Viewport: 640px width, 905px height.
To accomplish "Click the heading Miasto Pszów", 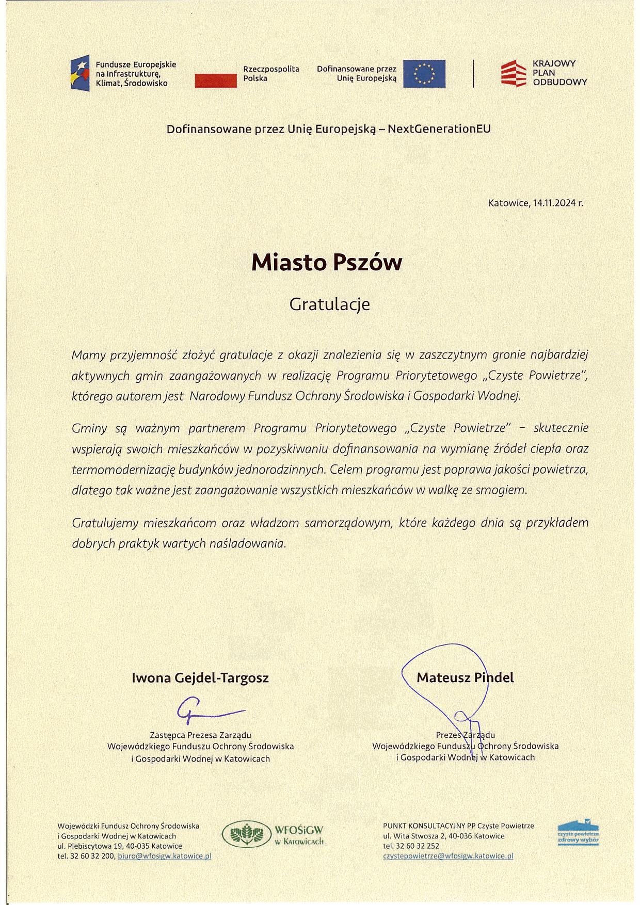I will coord(326,263).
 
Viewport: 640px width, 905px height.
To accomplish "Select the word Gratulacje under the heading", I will coord(329,304).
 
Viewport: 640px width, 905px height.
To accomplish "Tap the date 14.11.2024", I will coord(555,203).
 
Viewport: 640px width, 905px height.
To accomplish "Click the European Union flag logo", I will coord(424,74).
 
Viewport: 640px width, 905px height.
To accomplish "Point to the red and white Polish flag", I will coord(215,80).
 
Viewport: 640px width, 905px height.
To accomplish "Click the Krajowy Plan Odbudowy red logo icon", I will coord(513,73).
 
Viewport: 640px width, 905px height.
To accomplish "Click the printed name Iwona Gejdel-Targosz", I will coord(200,677).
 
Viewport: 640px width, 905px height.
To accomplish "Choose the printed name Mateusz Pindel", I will coord(465,677).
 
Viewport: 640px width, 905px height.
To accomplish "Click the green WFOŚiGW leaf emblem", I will coord(246,834).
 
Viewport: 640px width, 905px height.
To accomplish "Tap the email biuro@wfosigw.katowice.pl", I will coord(165,856).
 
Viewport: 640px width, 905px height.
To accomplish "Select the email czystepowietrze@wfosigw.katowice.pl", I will coord(448,856).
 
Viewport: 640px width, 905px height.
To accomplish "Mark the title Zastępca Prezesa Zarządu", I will coord(200,735).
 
